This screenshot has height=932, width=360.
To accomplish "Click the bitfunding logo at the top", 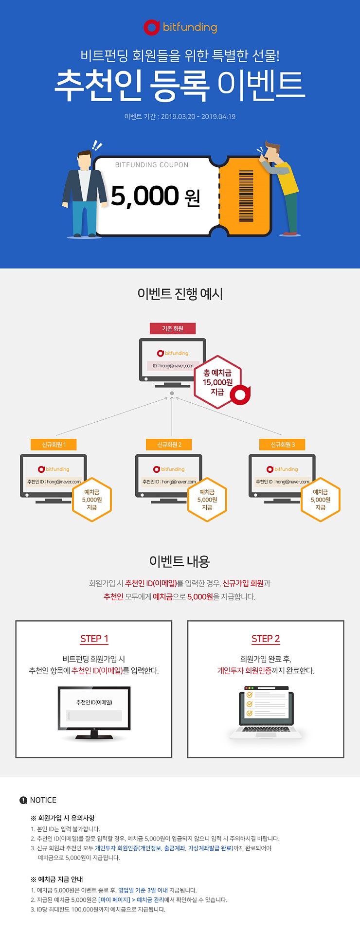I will (x=180, y=27).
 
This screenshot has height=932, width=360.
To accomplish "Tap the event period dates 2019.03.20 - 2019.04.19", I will (x=198, y=117).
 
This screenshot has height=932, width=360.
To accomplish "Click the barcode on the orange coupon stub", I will (x=246, y=196).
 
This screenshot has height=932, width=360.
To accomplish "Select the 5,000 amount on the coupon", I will (x=145, y=196).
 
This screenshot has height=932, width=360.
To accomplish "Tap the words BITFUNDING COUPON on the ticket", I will (x=151, y=165).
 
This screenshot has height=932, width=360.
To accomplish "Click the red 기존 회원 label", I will (x=173, y=328).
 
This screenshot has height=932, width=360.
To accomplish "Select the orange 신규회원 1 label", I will (x=54, y=445).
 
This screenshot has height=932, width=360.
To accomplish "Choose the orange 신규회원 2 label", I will (x=169, y=445).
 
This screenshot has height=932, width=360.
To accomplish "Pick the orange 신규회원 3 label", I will (x=283, y=445).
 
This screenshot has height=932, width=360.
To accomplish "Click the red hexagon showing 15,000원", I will (x=218, y=382).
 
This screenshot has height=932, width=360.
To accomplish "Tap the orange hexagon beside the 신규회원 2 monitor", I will (x=207, y=500).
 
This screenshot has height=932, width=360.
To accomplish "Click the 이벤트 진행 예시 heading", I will (x=180, y=294).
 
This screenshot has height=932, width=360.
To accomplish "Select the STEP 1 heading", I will (x=94, y=639).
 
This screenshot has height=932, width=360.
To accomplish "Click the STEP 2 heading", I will (x=266, y=639).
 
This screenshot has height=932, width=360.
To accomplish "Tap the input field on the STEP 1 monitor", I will (x=94, y=716).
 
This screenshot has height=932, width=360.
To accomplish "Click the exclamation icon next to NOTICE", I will (x=23, y=800).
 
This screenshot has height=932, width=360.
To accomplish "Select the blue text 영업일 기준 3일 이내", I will (x=143, y=890).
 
